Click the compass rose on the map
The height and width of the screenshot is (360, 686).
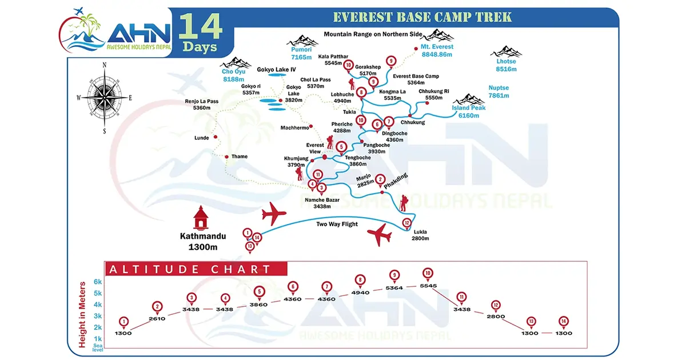click(x=105, y=98)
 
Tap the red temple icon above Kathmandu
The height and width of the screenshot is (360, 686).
click(x=200, y=218)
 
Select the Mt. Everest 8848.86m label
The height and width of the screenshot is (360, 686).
click(x=437, y=50)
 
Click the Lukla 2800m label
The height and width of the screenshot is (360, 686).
click(x=420, y=235)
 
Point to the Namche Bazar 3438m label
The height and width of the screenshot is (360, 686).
click(x=322, y=202)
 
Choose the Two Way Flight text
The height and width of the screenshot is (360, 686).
click(x=337, y=224)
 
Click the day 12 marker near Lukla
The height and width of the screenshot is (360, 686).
click(x=406, y=223)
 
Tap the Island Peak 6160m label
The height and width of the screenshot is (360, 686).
click(x=468, y=111)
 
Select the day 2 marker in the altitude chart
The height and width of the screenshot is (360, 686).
click(x=158, y=306)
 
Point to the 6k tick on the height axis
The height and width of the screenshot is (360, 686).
click(x=97, y=282)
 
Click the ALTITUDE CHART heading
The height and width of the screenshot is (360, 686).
click(x=190, y=269)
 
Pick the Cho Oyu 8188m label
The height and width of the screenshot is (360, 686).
click(x=233, y=75)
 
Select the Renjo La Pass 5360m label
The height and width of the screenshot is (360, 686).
click(x=201, y=105)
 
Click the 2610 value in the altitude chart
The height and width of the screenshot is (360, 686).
click(x=157, y=319)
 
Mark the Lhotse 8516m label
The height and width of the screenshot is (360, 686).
click(x=506, y=65)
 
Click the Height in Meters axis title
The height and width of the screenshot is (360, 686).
click(x=82, y=314)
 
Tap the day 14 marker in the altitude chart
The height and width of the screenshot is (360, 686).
click(x=564, y=321)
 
